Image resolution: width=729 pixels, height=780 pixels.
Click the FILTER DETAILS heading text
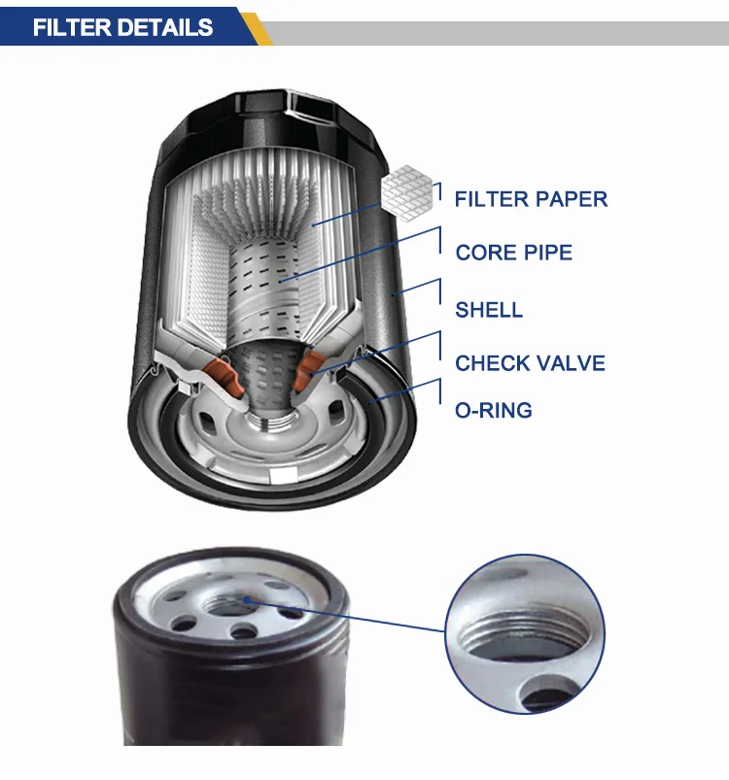pyautogui.click(x=122, y=26)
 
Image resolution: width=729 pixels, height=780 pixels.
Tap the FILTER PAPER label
pyautogui.click(x=531, y=199)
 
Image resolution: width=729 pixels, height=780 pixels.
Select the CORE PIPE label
pyautogui.click(x=513, y=253)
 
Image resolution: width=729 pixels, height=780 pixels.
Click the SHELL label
pyautogui.click(x=489, y=310)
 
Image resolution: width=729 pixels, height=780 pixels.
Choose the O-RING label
pyautogui.click(x=494, y=410)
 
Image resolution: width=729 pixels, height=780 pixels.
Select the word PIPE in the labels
pyautogui.click(x=547, y=253)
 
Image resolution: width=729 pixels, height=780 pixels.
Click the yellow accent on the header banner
pyautogui.click(x=255, y=26)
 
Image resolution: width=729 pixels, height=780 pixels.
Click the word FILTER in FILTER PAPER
pyautogui.click(x=490, y=199)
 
